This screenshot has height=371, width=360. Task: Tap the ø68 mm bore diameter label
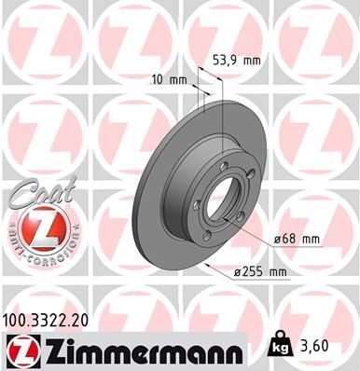point(297,239)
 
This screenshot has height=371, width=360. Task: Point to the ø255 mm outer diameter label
point(261,272)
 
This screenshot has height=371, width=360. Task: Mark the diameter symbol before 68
point(279,239)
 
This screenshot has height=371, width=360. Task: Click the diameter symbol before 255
point(240,272)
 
